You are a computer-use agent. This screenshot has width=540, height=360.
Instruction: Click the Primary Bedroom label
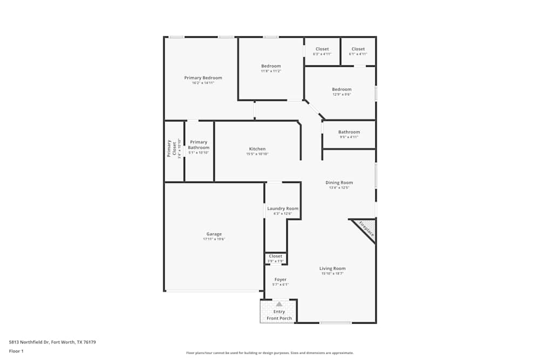[x=203, y=78]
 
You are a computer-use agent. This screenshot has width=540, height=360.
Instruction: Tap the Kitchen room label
[x=257, y=149]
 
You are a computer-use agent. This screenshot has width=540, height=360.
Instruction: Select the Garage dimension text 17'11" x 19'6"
[x=214, y=239]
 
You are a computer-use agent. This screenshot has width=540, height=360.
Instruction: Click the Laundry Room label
[x=282, y=208]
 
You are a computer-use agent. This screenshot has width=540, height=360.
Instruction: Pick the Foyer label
[x=280, y=280]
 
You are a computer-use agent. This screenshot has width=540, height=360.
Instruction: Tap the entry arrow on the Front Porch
[x=279, y=304]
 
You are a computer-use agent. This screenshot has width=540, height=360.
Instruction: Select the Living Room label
[x=332, y=268]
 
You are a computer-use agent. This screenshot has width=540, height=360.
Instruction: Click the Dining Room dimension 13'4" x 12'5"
[x=339, y=188]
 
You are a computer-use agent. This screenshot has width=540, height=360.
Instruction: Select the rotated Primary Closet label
[x=174, y=149]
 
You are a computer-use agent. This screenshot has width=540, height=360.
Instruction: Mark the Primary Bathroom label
[x=198, y=145]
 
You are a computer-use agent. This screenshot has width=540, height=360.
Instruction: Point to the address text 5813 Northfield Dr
[x=52, y=342]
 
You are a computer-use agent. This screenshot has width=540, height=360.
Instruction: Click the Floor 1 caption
[x=16, y=351]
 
